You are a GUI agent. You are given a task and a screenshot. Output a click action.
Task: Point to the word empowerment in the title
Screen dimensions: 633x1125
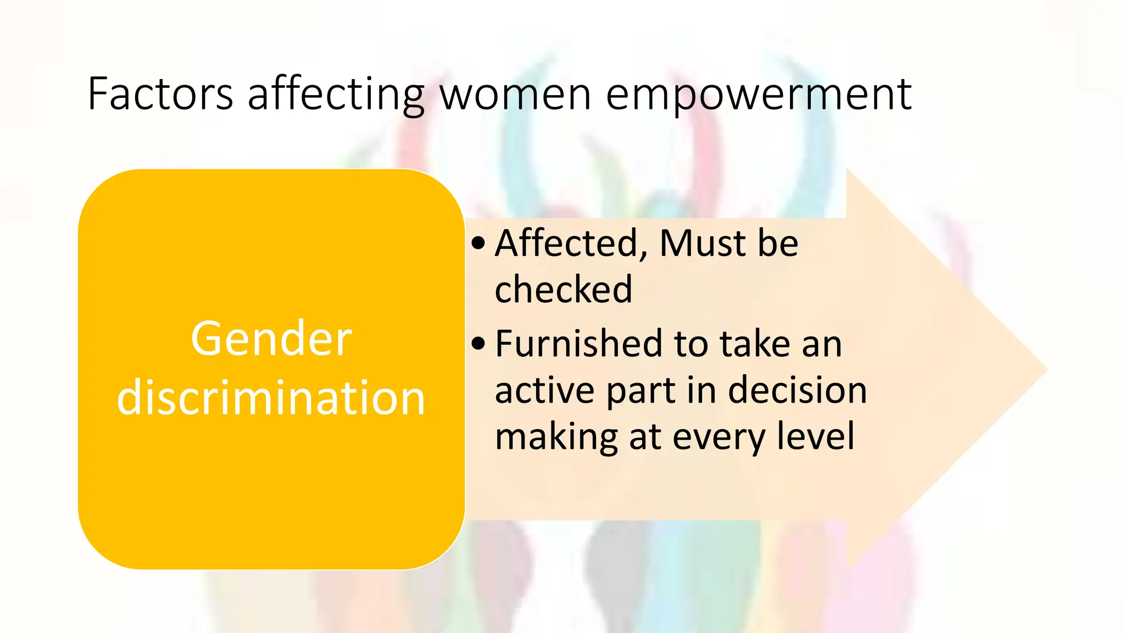click(x=759, y=94)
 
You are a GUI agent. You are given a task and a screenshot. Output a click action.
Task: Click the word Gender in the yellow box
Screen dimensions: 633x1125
click(x=271, y=339)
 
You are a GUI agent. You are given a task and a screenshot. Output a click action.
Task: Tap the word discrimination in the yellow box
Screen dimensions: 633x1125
click(x=271, y=397)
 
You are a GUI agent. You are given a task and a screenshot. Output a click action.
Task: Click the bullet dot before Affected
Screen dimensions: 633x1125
click(x=478, y=243)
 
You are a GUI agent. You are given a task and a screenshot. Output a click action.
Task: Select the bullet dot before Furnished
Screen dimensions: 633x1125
click(x=478, y=343)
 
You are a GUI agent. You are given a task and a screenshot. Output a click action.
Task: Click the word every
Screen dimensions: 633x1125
click(x=719, y=437)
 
